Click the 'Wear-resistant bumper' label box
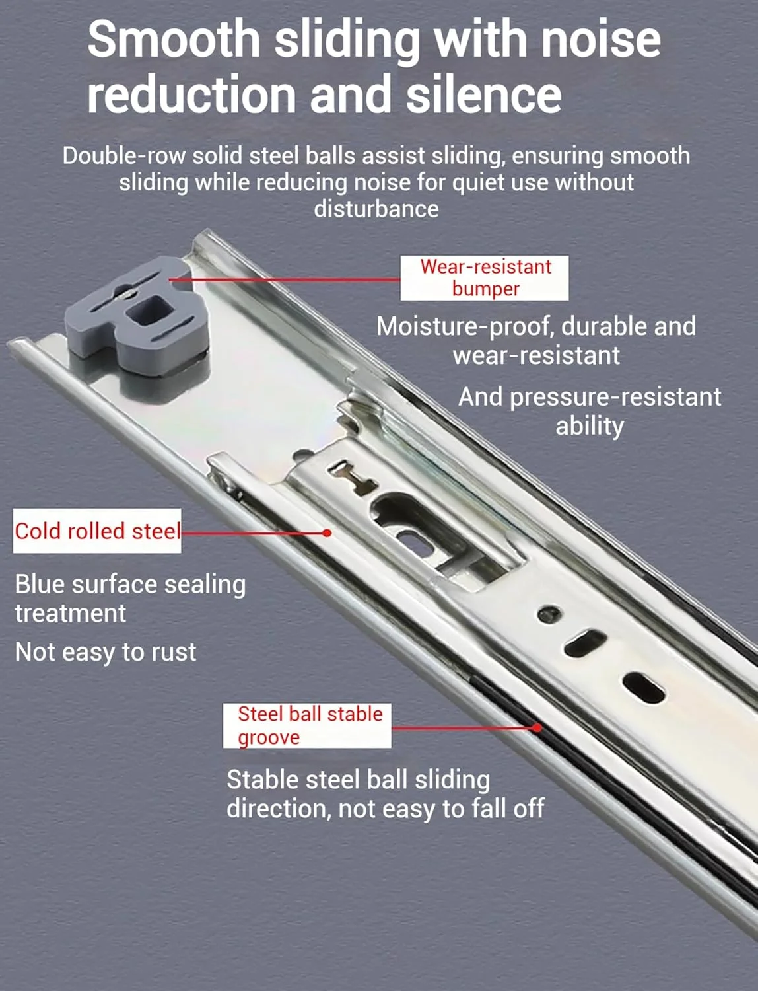tap(484, 278)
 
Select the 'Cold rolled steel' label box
tap(97, 531)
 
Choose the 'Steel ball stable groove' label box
tap(307, 725)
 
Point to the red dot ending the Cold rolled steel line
tap(327, 533)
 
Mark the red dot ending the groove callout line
tap(537, 728)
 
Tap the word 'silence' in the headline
tap(484, 94)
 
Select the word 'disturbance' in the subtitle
tap(376, 209)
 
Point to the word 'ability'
tap(590, 426)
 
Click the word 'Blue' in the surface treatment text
tap(40, 584)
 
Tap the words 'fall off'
tap(508, 808)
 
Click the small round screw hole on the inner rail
tap(549, 614)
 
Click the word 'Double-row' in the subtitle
tap(123, 156)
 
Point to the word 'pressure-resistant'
tap(615, 398)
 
